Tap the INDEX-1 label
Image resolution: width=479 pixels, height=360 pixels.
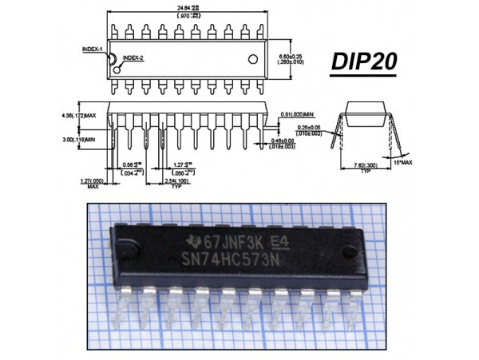(93, 49)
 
